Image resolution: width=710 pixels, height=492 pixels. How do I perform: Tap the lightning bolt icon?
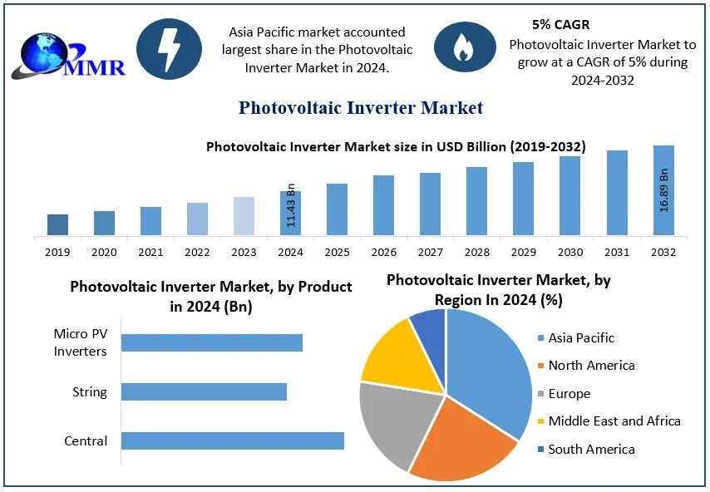pyautogui.click(x=169, y=49)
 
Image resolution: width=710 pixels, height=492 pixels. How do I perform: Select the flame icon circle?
pyautogui.click(x=462, y=49)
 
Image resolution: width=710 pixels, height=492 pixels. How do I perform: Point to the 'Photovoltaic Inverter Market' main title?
pyautogui.click(x=361, y=108)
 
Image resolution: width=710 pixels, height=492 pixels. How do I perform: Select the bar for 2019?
pyautogui.click(x=57, y=224)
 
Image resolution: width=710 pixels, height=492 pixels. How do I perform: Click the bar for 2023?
pyautogui.click(x=244, y=216)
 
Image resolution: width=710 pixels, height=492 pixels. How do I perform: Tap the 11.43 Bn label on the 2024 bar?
pyautogui.click(x=291, y=204)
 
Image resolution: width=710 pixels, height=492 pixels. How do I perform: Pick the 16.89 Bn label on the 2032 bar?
pyautogui.click(x=664, y=189)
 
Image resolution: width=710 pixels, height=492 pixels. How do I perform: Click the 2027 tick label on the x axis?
pyautogui.click(x=430, y=252)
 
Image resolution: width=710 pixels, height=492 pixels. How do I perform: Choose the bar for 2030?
pyautogui.click(x=569, y=195)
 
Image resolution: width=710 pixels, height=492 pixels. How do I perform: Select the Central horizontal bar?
pyautogui.click(x=233, y=440)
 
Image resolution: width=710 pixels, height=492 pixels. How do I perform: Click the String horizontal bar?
pyautogui.click(x=204, y=391)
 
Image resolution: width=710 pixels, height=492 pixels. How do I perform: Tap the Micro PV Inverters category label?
pyautogui.click(x=81, y=342)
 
